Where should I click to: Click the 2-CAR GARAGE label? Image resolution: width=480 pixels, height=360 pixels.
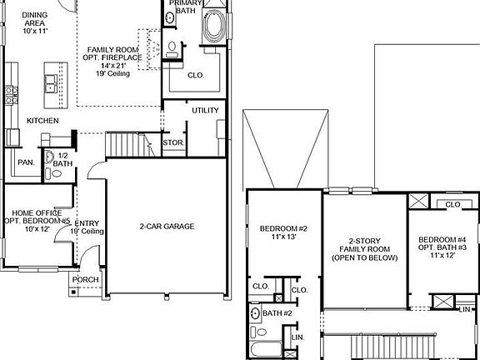(167, 226)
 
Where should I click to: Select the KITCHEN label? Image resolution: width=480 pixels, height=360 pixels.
(42, 121)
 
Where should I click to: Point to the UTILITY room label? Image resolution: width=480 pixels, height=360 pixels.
(205, 110)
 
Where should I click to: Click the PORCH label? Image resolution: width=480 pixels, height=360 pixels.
(85, 279)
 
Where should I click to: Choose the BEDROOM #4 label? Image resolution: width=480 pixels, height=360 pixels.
(442, 241)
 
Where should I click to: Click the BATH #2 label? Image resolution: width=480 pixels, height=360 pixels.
(276, 312)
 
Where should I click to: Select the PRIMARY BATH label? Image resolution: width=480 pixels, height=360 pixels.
(184, 7)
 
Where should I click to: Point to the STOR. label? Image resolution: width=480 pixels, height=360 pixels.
(172, 142)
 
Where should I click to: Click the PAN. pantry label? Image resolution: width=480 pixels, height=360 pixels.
(26, 162)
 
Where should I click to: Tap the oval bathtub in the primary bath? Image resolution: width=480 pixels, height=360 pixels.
(215, 27)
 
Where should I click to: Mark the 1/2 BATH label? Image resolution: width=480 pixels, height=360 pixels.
(62, 159)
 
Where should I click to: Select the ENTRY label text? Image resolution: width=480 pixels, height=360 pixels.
(87, 223)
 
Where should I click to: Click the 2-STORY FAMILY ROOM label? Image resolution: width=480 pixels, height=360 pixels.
(364, 249)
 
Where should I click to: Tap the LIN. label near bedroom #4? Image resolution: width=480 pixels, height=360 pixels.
(464, 309)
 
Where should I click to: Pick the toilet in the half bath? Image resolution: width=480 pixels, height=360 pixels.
(48, 156)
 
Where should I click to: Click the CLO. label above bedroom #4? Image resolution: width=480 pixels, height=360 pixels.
(453, 204)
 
